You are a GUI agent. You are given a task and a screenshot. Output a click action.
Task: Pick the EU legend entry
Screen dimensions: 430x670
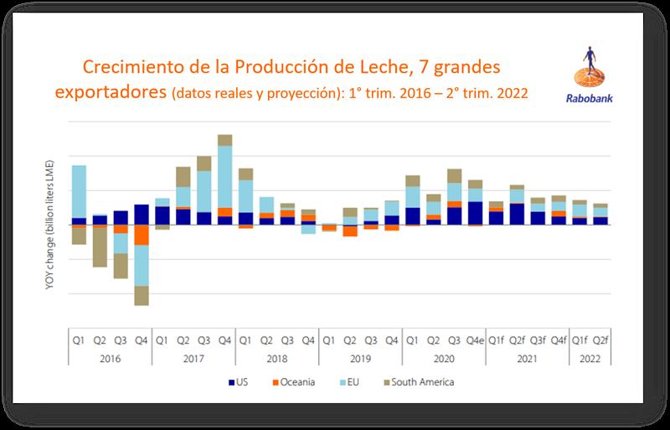[x=353, y=383]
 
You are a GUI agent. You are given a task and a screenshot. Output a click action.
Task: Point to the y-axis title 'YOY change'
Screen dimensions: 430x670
[x=52, y=225]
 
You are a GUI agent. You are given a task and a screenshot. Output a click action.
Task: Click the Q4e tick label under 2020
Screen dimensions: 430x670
[x=475, y=339]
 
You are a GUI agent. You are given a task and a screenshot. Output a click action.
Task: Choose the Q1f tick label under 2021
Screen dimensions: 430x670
[x=496, y=339]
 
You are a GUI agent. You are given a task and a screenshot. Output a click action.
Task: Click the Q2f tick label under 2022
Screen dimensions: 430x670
[x=600, y=339]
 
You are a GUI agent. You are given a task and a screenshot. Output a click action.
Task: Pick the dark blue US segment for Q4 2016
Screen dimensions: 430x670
[x=142, y=215]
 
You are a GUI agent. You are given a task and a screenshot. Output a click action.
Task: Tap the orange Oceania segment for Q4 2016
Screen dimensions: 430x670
[x=142, y=235]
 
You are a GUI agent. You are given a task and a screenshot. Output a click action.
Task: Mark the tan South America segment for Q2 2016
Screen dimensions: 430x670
[x=100, y=247]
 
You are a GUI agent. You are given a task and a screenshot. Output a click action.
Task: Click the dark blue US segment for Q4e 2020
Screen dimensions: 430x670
[x=475, y=213]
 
